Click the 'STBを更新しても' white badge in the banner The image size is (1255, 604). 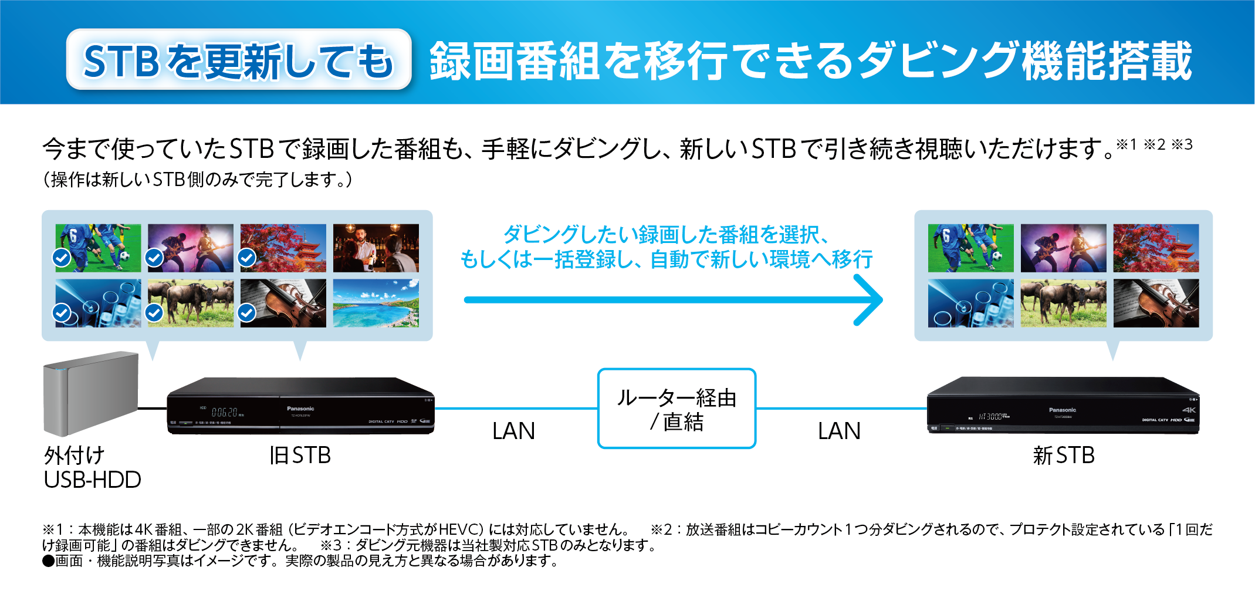(x=239, y=60)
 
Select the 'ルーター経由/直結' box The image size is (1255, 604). (x=676, y=409)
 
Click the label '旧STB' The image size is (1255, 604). (x=300, y=455)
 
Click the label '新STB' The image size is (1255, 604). (x=1063, y=455)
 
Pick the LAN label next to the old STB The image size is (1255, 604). (x=513, y=431)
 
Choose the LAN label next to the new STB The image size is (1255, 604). (x=839, y=431)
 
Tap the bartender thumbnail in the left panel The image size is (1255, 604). (x=376, y=248)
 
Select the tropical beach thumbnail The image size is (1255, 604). (x=376, y=303)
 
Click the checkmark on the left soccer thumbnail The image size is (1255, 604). (x=62, y=258)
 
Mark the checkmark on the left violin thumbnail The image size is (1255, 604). (x=247, y=313)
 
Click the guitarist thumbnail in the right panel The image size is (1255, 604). (x=1063, y=248)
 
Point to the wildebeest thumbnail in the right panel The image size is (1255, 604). (x=1063, y=303)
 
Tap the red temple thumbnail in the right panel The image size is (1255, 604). (x=1156, y=248)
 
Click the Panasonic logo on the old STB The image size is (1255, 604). (x=300, y=409)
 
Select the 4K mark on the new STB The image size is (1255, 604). (x=1189, y=410)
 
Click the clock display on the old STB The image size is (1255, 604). (x=224, y=413)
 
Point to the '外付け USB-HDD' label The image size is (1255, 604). (x=92, y=467)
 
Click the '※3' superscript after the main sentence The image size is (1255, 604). (x=1182, y=144)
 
